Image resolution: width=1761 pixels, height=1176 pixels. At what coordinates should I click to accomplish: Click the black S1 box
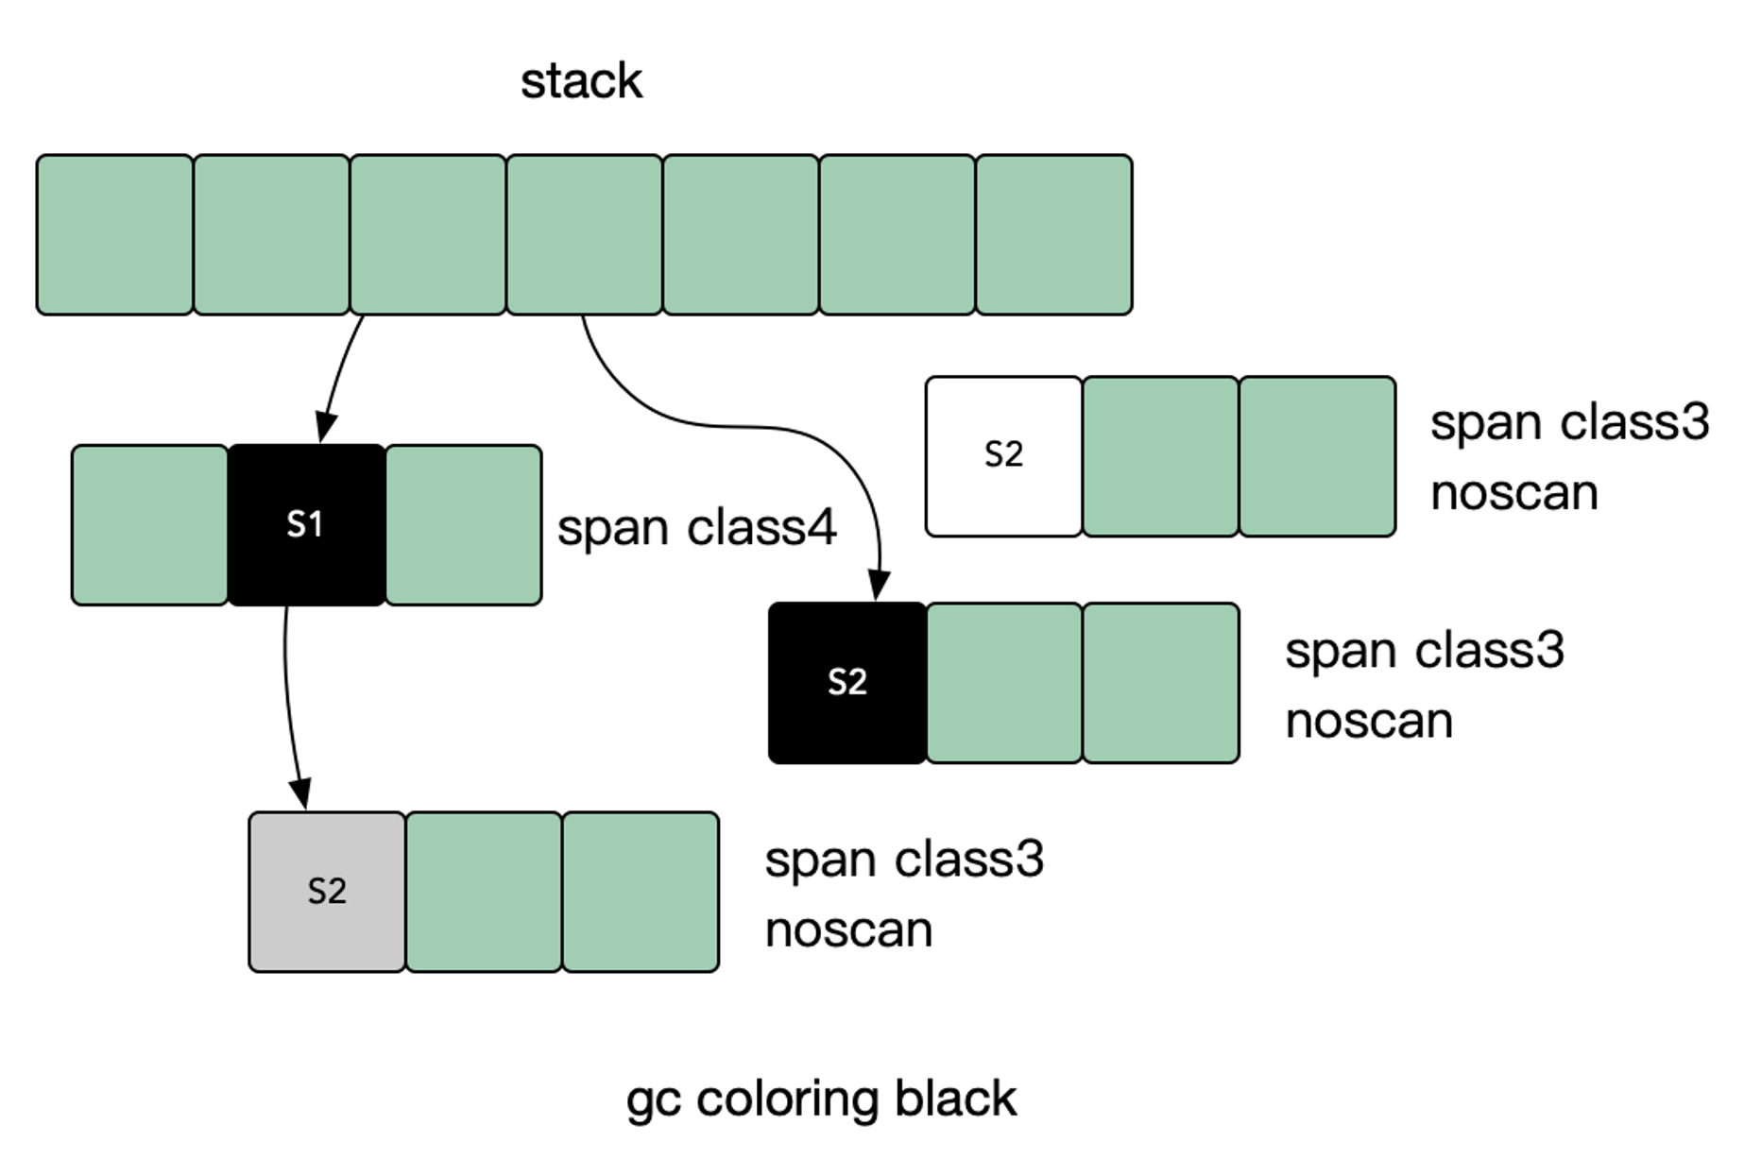[306, 524]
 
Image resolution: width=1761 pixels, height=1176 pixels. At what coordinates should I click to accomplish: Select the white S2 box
[1003, 456]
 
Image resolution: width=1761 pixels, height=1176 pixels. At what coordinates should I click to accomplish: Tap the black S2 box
[846, 682]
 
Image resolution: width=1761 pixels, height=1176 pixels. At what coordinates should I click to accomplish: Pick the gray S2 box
[327, 892]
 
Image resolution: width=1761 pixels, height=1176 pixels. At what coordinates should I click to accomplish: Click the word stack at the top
[581, 81]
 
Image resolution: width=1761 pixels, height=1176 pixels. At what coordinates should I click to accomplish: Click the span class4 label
[696, 528]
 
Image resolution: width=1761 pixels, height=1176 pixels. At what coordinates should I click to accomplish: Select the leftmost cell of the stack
[114, 234]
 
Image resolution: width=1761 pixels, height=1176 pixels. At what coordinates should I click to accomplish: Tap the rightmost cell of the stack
[1053, 234]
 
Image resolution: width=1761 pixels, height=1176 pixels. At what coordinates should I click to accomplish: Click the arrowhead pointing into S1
[325, 428]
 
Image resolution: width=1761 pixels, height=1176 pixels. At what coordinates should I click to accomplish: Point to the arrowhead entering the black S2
[879, 586]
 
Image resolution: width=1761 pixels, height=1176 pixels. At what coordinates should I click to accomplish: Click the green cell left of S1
[149, 524]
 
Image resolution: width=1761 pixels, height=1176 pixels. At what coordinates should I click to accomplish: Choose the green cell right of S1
[463, 524]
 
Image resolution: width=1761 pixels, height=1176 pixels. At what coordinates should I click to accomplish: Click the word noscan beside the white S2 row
[1513, 493]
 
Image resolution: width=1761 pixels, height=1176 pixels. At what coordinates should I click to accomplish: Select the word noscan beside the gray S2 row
[848, 930]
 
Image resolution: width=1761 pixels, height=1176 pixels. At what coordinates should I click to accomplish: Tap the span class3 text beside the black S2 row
[1425, 651]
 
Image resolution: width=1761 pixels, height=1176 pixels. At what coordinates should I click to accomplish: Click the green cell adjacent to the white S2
[1160, 456]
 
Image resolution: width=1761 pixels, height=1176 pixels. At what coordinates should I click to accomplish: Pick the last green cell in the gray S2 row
[641, 892]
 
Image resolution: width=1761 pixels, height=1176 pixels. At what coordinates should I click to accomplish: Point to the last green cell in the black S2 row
[1160, 682]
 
